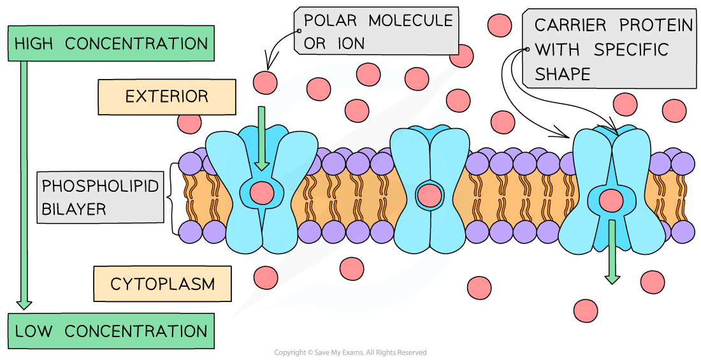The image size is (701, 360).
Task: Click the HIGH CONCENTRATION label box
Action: pyautogui.click(x=111, y=44)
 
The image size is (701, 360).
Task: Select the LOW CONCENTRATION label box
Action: pyautogui.click(x=111, y=331)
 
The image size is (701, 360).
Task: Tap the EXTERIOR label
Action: pyautogui.click(x=166, y=97)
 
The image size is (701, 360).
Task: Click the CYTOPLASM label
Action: pyautogui.click(x=163, y=284)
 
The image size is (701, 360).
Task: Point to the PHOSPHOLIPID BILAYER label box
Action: pyautogui.click(x=100, y=197)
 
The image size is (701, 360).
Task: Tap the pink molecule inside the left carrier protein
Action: pyautogui.click(x=261, y=191)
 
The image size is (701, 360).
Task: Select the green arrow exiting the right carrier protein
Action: pyautogui.click(x=612, y=252)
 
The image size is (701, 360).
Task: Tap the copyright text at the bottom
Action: pyautogui.click(x=350, y=352)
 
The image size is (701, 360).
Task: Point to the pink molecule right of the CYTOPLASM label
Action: pyautogui.click(x=265, y=277)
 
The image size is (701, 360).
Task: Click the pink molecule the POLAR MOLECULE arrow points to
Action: pyautogui.click(x=265, y=81)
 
